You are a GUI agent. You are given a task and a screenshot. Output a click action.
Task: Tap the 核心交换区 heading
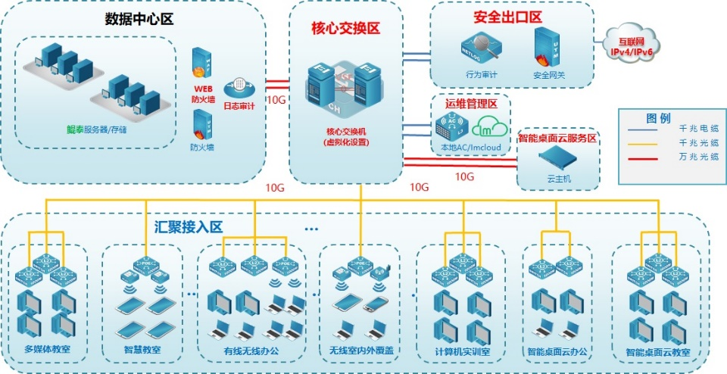tap(345, 28)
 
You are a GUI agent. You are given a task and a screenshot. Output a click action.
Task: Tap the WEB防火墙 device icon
tap(201, 63)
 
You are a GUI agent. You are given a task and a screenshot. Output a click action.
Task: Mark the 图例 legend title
tap(658, 118)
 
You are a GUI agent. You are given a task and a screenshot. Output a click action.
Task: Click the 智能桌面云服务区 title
tap(558, 139)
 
